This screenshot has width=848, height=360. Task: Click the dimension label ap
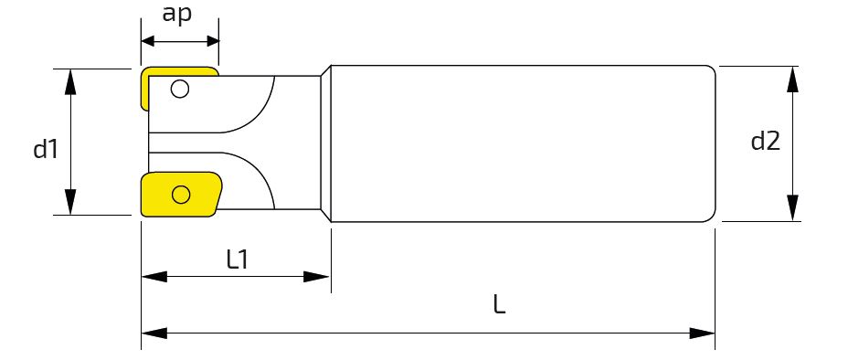point(177,15)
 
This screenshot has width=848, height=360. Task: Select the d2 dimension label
point(766,141)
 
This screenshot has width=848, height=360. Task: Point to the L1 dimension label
point(237,260)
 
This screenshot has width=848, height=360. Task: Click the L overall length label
point(499,305)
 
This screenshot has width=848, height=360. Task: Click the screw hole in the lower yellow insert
point(181,194)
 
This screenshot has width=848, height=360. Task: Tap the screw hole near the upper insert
point(179,88)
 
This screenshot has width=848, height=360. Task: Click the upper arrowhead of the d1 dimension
point(70,81)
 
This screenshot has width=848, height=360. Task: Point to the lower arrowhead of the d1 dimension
point(70,202)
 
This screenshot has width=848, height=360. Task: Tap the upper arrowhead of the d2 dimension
point(792,79)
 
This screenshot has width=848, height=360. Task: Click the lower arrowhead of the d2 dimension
point(792,208)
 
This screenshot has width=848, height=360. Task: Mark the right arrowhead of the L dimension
point(702,334)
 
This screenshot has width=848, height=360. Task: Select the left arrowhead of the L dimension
point(154,334)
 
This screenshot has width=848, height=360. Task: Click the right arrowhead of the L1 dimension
point(316,277)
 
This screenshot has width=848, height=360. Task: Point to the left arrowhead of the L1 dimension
point(154,277)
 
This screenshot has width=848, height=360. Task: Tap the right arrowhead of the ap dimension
point(213,42)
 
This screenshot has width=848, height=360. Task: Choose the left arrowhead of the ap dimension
point(148,42)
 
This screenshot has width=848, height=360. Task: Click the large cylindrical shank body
point(523,143)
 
